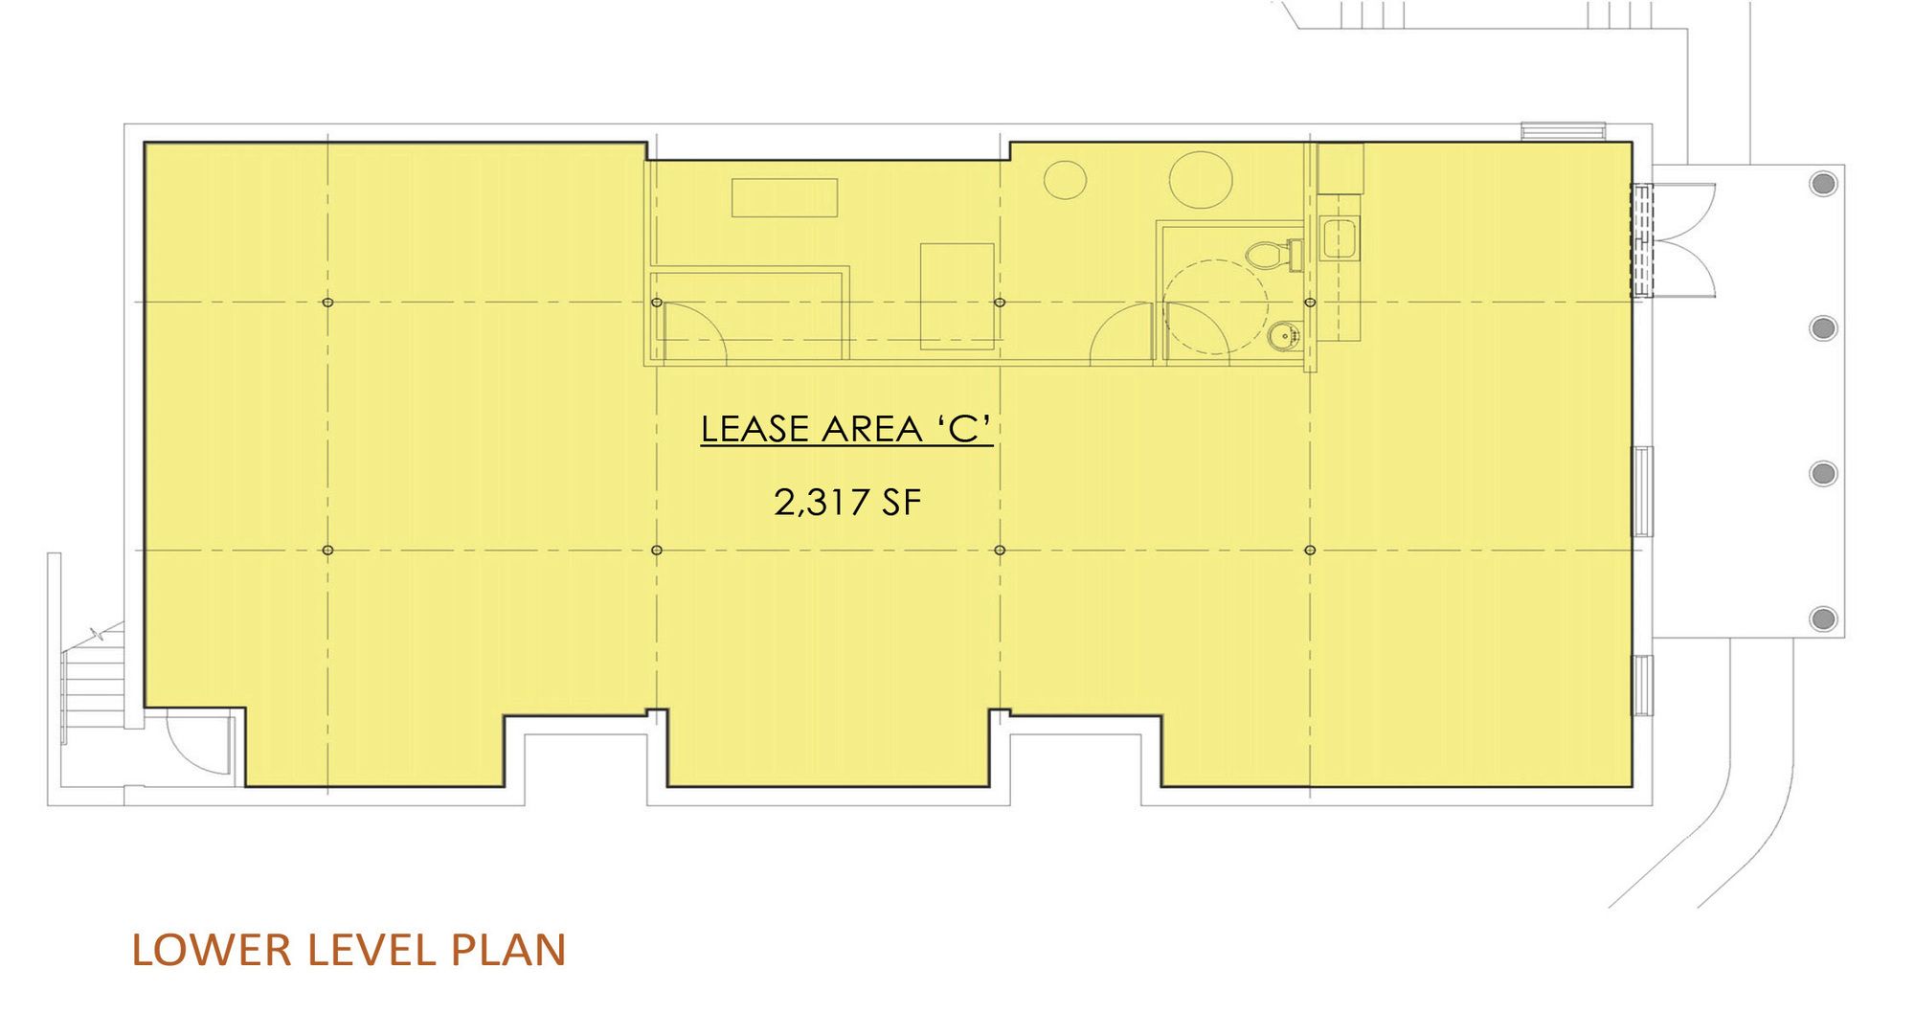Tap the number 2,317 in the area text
(819, 503)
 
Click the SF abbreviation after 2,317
(901, 503)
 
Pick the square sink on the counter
(1338, 238)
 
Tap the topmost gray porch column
(1823, 183)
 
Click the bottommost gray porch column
(1823, 619)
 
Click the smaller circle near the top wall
(1065, 179)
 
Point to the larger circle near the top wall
(1200, 179)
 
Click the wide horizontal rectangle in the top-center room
(785, 197)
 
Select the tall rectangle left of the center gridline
(957, 296)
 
